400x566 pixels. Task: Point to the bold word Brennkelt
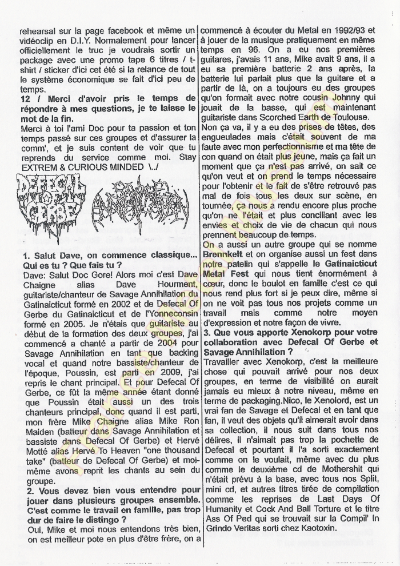click(225, 255)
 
